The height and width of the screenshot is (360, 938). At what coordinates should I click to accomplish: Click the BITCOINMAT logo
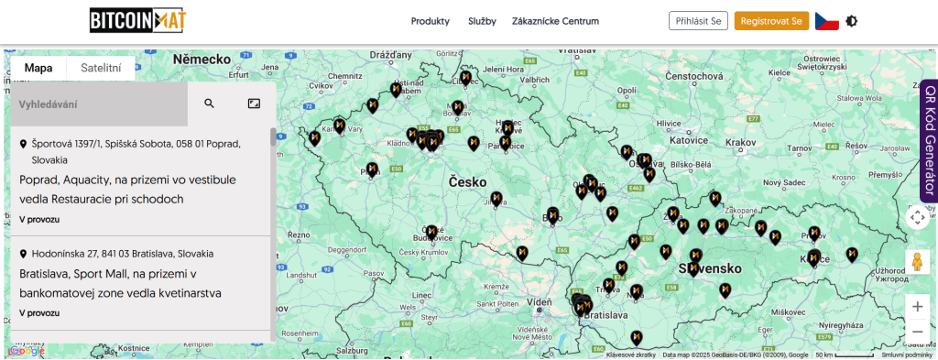pyautogui.click(x=136, y=20)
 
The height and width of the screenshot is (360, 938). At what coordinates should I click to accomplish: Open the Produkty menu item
pyautogui.click(x=431, y=21)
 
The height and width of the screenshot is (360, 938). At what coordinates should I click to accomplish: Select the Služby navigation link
pyautogui.click(x=482, y=21)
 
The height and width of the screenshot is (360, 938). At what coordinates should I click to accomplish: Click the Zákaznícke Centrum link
pyautogui.click(x=555, y=21)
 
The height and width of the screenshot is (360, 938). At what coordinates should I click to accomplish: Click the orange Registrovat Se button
pyautogui.click(x=771, y=21)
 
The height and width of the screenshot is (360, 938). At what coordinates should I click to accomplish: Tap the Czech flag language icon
pyautogui.click(x=826, y=21)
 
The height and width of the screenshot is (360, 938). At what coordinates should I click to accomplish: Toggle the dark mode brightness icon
pyautogui.click(x=852, y=21)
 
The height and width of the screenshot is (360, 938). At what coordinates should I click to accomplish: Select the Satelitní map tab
pyautogui.click(x=101, y=68)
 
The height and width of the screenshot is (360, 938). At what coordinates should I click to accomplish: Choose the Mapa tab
pyautogui.click(x=38, y=68)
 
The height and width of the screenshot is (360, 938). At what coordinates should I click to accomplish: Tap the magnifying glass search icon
pyautogui.click(x=210, y=104)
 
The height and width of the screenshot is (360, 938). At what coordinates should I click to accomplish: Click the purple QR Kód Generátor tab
pyautogui.click(x=929, y=139)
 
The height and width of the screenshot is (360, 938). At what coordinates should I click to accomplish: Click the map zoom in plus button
pyautogui.click(x=917, y=306)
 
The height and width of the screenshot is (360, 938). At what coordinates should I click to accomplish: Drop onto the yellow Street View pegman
pyautogui.click(x=917, y=261)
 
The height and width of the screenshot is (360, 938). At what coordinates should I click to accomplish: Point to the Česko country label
pyautogui.click(x=467, y=182)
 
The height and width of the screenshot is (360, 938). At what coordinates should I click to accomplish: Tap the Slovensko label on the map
pyautogui.click(x=709, y=268)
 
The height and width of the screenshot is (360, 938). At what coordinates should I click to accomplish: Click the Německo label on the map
pyautogui.click(x=201, y=59)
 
